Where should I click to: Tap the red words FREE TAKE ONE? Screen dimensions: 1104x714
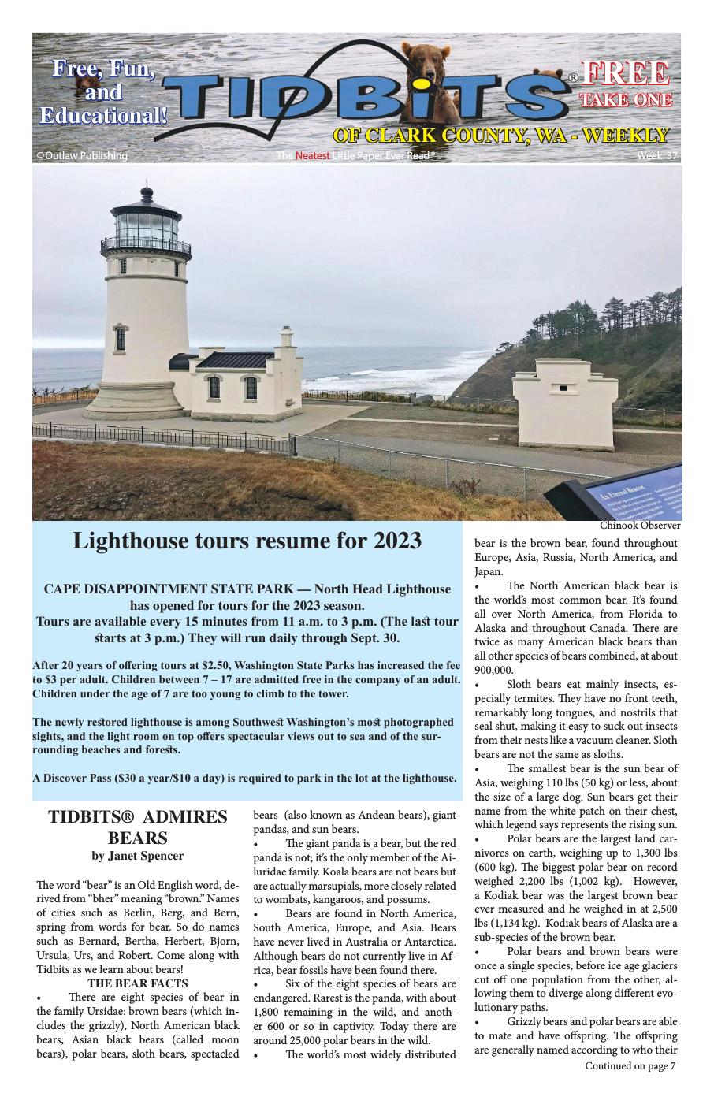point(626,84)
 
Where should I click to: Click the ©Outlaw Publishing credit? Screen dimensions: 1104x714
point(82,156)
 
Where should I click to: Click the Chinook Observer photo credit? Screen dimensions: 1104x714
point(639,526)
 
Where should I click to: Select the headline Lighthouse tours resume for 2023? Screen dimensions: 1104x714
point(247,541)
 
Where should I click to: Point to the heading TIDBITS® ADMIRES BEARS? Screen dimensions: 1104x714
point(138,827)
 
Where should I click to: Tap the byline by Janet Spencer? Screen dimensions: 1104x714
point(138,856)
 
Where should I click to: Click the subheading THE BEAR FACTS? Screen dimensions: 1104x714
point(138,983)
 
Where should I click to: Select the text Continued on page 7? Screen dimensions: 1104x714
point(630,1066)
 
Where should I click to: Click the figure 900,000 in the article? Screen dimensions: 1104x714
point(493,671)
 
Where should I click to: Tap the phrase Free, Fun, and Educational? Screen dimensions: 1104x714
point(104,93)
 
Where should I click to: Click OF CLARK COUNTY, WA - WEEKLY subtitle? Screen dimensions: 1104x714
point(501,136)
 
